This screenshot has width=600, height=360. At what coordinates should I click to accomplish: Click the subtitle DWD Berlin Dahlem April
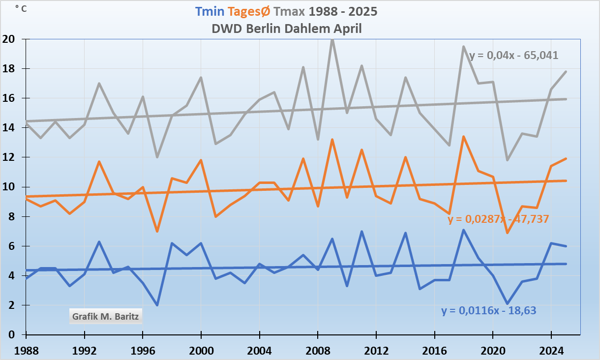tap(287, 29)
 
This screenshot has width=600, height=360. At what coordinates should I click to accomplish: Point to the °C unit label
tap(21, 8)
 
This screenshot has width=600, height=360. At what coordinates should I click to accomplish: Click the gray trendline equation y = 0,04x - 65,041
tap(514, 55)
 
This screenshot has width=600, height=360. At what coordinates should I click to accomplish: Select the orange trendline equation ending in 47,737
tap(498, 219)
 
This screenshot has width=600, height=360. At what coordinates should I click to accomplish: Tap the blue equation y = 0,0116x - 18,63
tap(488, 310)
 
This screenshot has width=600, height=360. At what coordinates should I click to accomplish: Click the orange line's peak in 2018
tap(463, 137)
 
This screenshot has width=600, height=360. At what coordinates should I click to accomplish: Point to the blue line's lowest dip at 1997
tap(157, 305)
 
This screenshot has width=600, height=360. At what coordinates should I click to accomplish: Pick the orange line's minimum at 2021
tap(507, 233)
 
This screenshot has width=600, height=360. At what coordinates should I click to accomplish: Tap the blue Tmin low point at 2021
tap(507, 303)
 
